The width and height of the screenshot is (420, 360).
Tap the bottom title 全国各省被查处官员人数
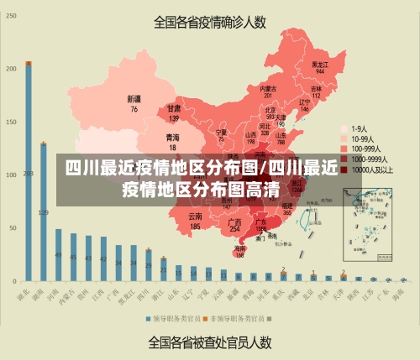[x=210, y=342]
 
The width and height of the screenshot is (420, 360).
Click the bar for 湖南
[x=44, y=211]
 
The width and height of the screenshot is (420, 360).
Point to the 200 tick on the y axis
[x=11, y=68]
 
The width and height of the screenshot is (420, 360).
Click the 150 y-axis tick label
[x=11, y=122]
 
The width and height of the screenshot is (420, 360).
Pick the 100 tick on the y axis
[x=11, y=174]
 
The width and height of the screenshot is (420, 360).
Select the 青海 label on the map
[x=172, y=140]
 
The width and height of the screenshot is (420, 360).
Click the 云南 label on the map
[x=195, y=222]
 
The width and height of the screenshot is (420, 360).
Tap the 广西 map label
[x=235, y=224]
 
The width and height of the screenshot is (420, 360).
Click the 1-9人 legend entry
[x=357, y=129]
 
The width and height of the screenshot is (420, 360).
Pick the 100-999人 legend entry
[x=363, y=149]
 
